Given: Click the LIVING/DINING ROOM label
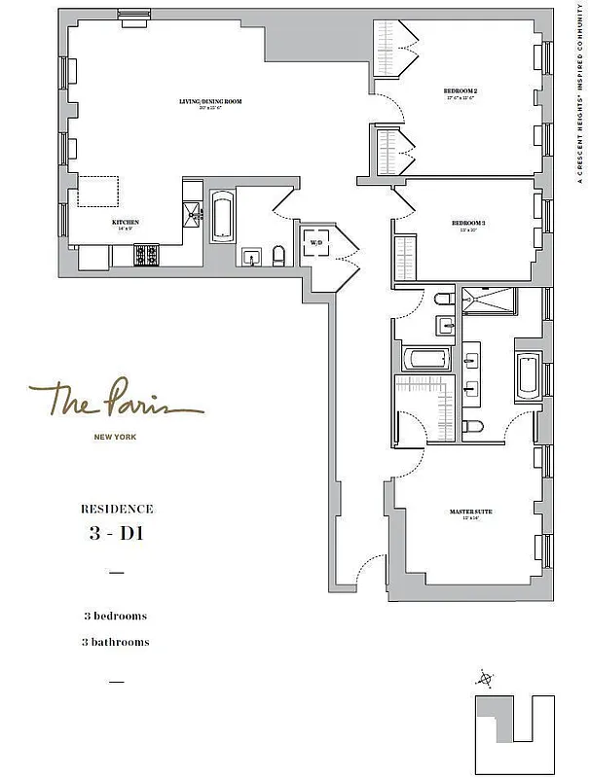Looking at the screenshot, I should (210, 103).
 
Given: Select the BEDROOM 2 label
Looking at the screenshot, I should (461, 93).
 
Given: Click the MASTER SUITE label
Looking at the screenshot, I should (466, 513).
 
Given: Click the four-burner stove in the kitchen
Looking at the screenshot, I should (146, 255).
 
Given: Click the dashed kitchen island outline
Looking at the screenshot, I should (99, 193).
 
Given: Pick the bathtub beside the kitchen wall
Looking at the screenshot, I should (222, 216).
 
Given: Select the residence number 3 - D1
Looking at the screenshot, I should (116, 533).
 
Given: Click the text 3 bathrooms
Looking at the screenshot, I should (116, 642).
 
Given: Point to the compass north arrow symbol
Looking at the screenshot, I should (484, 678).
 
